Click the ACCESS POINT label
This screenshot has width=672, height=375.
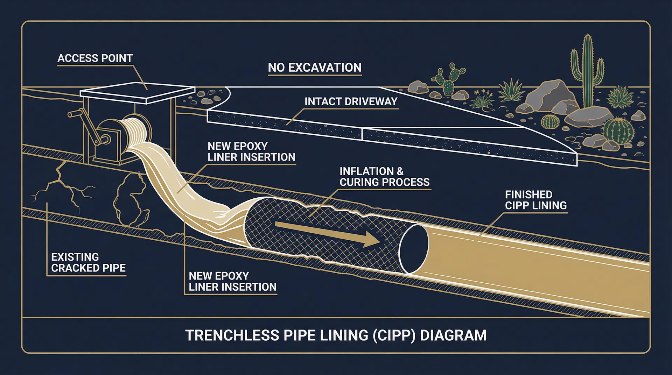pos(95,58)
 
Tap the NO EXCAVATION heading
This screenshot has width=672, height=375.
pos(314,68)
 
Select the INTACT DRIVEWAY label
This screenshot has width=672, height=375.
pos(351,101)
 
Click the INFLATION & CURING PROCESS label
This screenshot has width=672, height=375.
pos(384,177)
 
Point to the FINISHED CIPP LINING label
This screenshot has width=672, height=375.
pos(535,200)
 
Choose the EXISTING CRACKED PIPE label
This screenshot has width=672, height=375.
pos(88,262)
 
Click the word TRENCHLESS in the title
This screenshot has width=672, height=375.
pos(232,335)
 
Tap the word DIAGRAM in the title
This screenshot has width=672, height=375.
pos(453,335)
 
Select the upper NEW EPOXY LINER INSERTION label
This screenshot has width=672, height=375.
pos(251,151)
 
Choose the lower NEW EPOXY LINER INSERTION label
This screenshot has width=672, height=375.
pos(232,281)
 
